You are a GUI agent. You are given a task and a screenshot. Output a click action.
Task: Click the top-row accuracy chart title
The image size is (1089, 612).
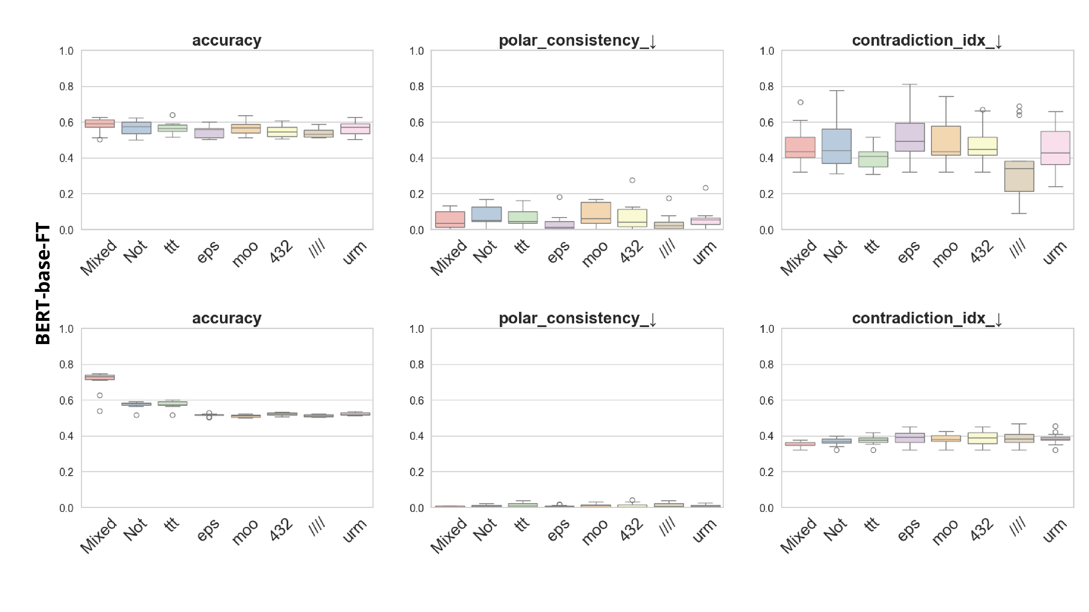click(x=227, y=41)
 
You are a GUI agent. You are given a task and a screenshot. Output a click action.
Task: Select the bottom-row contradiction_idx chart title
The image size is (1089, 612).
click(x=927, y=318)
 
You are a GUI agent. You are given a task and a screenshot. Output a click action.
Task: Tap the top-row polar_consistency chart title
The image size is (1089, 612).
click(x=577, y=41)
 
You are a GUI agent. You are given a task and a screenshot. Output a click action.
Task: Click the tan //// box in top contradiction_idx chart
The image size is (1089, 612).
click(x=1019, y=177)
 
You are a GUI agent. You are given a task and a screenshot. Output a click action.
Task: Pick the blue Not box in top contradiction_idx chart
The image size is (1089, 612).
click(x=837, y=146)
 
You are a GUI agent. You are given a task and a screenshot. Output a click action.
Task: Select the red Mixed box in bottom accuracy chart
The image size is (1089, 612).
click(x=100, y=377)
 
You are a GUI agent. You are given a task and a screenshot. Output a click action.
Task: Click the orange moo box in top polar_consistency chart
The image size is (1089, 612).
click(x=596, y=213)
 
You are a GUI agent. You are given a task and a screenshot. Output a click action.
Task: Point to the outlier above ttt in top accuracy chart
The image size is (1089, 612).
click(x=172, y=115)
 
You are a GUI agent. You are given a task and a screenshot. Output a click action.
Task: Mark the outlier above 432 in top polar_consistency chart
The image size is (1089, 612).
click(x=632, y=180)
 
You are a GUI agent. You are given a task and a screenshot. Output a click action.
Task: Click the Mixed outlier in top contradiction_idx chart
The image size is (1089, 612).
click(x=800, y=102)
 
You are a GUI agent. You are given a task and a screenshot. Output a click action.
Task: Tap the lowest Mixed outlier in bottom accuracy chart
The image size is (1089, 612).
click(x=100, y=411)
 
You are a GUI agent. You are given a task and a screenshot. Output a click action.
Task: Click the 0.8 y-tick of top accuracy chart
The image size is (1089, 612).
click(x=66, y=87)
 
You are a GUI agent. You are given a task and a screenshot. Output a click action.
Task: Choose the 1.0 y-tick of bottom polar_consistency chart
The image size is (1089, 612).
click(x=416, y=329)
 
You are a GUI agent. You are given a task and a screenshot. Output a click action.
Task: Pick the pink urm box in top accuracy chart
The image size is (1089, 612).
click(x=355, y=129)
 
